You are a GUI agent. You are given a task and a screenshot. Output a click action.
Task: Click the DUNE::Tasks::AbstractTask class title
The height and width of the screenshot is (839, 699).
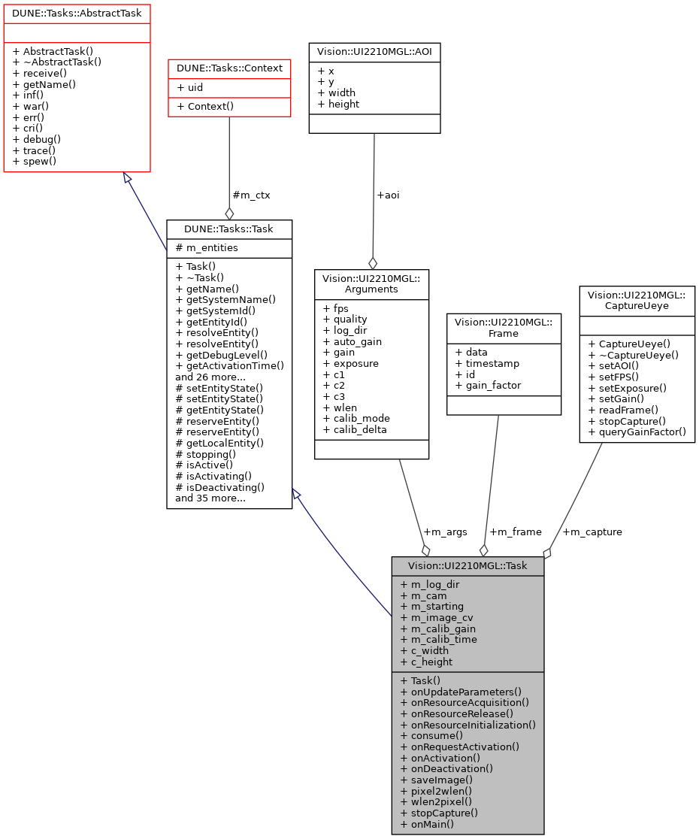[x=77, y=14]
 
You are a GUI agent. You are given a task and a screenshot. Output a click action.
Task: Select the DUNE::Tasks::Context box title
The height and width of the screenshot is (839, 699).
[x=229, y=68]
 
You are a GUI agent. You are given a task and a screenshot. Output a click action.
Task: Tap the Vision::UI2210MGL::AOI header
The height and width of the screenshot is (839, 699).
[x=374, y=52]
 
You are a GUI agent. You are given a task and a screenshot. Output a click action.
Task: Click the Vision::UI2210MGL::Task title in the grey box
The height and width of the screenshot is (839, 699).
[x=467, y=566]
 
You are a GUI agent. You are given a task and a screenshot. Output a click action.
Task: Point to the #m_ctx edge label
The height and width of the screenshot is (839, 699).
[x=250, y=195]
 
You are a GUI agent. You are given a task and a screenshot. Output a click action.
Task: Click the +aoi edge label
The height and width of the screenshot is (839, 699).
[x=388, y=195]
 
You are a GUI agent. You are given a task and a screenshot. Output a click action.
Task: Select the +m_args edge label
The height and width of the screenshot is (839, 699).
[x=445, y=532]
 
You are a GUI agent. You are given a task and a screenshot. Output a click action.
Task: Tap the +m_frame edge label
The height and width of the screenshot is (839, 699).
[x=516, y=532]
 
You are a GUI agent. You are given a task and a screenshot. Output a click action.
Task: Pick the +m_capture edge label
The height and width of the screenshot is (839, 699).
[x=592, y=532]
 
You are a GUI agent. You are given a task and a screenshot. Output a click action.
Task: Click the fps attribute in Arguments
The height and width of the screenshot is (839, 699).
[x=335, y=308]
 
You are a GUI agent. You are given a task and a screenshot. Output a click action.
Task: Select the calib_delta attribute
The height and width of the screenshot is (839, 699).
[x=356, y=430]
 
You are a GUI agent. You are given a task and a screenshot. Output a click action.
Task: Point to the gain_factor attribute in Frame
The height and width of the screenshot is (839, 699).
[x=488, y=386]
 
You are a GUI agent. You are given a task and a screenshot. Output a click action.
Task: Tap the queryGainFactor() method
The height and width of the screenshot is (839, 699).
[x=637, y=432]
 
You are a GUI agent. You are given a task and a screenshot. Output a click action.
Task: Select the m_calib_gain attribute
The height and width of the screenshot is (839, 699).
[x=438, y=628]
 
